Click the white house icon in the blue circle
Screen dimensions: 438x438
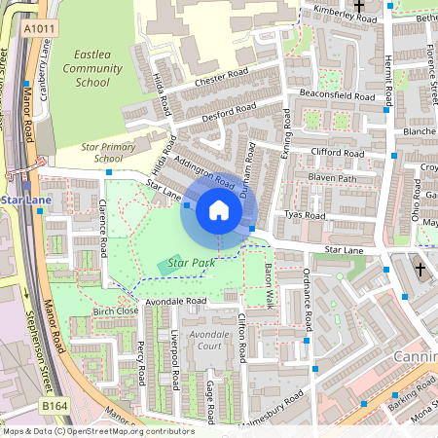(219, 210)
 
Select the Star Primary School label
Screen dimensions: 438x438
(102, 152)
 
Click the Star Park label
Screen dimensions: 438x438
(190, 263)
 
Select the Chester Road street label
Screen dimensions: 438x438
(221, 78)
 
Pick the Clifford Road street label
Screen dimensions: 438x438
(336, 153)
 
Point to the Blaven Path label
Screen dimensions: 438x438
(332, 178)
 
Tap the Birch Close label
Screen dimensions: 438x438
(115, 310)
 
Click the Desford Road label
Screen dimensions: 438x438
(227, 112)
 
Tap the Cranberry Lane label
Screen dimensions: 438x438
(45, 68)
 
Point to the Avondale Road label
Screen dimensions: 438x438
(176, 302)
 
